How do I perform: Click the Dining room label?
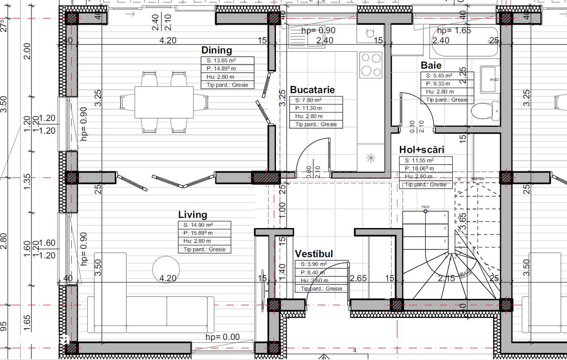(217, 50)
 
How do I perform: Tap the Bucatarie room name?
(312, 89)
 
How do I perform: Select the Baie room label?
(431, 66)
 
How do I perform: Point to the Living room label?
(193, 215)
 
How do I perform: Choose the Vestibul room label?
(314, 254)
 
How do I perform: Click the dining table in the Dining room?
(164, 102)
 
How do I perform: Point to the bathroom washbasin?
(490, 80)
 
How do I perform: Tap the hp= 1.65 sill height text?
(454, 31)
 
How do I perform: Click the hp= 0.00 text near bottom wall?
(222, 337)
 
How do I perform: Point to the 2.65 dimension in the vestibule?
(358, 279)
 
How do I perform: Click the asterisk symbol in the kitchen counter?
(371, 157)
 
